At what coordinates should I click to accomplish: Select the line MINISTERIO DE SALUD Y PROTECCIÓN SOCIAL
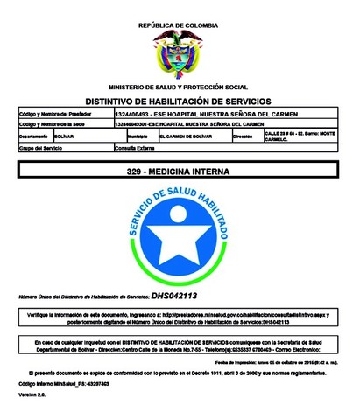click(178, 87)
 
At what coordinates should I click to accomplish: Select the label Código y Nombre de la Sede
click(57, 124)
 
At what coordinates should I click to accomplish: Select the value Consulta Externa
click(135, 149)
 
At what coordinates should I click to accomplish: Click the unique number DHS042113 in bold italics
click(174, 297)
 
